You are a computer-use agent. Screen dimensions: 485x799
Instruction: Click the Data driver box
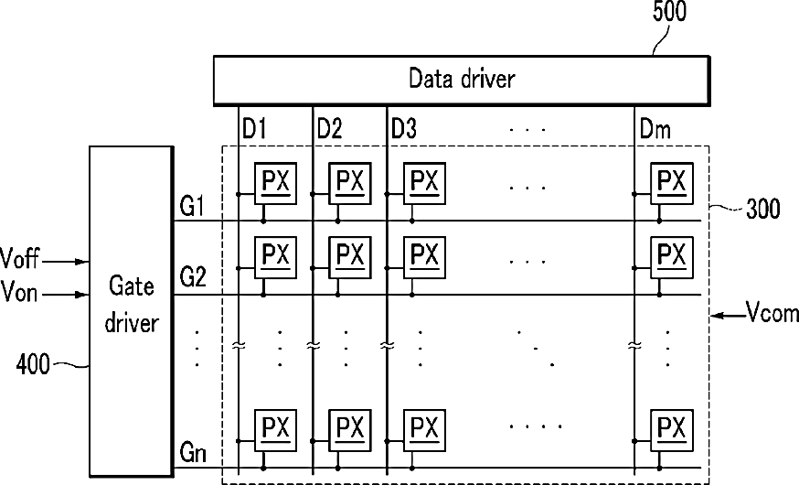[x=461, y=80]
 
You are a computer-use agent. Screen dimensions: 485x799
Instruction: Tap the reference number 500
[x=669, y=12]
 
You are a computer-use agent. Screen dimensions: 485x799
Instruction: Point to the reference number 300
[x=762, y=209]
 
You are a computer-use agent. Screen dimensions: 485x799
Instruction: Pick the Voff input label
[x=20, y=260]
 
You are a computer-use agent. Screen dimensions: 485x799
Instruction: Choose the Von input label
[x=20, y=293]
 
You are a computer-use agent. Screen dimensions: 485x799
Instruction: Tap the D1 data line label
[x=254, y=129]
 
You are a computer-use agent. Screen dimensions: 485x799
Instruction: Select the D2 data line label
[x=329, y=129]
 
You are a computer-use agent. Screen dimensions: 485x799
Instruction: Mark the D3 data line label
[x=404, y=129]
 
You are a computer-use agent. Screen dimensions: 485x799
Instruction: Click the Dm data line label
[x=656, y=129]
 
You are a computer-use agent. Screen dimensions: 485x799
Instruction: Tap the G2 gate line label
[x=192, y=279]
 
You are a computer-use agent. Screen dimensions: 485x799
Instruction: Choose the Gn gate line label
[x=192, y=452]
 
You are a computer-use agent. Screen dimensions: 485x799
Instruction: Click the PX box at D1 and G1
[x=275, y=184]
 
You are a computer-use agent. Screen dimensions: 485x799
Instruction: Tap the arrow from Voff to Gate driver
[x=65, y=261]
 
